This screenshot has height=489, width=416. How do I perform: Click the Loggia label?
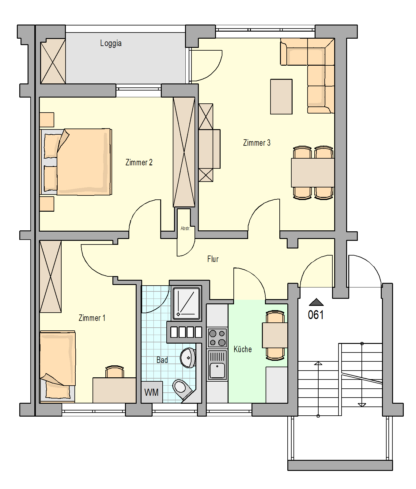[111, 43]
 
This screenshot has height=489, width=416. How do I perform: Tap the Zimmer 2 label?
[139, 162]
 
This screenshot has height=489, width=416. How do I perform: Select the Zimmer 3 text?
[257, 143]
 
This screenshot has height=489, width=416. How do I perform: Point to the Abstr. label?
[185, 228]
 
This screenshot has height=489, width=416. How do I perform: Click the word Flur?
[213, 259]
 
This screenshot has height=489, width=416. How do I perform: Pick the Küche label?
[243, 349]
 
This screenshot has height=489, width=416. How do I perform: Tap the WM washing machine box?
[152, 392]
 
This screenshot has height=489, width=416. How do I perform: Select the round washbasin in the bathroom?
[188, 358]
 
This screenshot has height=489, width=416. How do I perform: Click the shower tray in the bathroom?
[186, 303]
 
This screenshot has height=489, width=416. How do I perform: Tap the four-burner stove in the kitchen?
[217, 338]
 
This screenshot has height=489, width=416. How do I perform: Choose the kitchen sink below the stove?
[217, 365]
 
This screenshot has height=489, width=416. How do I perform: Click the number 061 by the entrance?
[316, 315]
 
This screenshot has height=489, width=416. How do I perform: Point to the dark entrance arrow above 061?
[316, 302]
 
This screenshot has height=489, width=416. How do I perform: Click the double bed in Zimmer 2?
[76, 162]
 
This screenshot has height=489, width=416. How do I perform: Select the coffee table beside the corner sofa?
[281, 97]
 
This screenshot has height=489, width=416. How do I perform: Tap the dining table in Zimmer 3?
[313, 172]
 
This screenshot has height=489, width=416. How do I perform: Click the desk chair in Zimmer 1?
[115, 372]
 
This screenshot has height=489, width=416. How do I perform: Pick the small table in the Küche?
[275, 335]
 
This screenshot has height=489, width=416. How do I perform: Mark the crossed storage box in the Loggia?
[53, 61]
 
